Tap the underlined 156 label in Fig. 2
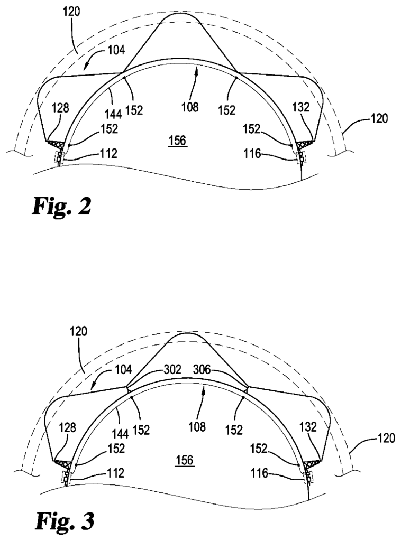178,141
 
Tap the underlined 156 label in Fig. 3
185,460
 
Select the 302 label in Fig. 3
172,369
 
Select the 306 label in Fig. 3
202,369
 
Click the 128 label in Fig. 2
60,108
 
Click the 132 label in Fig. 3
308,427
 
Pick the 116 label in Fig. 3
259,473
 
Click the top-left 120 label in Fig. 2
71,11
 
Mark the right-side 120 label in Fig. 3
385,438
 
